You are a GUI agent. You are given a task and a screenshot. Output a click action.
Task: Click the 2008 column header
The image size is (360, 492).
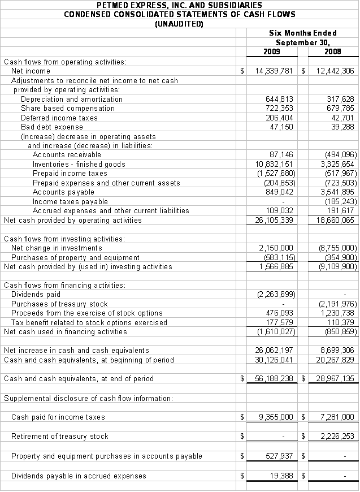[x=333, y=52]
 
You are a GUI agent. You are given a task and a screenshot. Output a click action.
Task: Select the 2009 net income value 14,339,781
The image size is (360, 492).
[x=274, y=71]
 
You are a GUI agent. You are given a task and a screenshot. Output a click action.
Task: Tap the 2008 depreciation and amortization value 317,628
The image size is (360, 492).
[x=340, y=99]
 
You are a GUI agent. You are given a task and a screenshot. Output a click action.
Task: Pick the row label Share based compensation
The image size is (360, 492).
[x=68, y=108]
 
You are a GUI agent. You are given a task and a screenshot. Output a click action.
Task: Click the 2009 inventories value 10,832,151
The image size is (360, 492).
[x=274, y=164]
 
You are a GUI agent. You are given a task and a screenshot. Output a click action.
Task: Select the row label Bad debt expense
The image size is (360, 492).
[x=52, y=127]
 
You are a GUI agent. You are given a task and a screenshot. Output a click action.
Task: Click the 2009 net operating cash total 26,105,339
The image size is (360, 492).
[x=274, y=220]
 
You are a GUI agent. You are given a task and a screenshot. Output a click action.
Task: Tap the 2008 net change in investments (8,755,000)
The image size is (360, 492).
[x=337, y=248]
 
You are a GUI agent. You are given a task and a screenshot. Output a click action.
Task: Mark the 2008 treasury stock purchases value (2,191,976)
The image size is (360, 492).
[x=337, y=304]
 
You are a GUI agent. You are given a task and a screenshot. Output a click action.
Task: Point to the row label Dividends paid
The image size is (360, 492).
[x=36, y=294]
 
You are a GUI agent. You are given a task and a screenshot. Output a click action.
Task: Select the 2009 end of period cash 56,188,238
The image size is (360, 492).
[x=274, y=378]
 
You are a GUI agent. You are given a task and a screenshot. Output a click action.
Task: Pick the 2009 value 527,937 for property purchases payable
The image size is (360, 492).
[x=280, y=456]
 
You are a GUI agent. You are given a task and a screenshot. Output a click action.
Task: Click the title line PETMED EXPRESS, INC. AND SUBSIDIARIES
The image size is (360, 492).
[x=179, y=5]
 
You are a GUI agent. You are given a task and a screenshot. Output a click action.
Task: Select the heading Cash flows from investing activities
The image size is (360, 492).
[x=64, y=239]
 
